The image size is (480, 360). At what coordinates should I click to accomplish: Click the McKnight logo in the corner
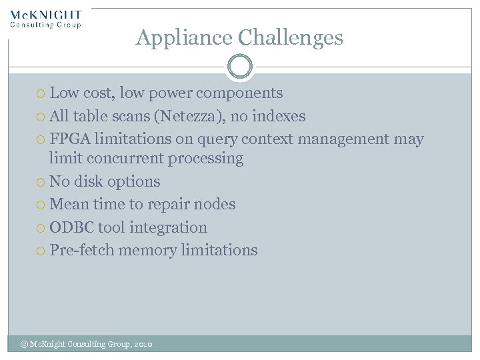[46, 19]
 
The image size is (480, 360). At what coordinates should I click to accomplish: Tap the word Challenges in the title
[290, 38]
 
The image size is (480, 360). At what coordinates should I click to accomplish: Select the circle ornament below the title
[240, 67]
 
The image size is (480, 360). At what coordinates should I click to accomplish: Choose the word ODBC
[71, 227]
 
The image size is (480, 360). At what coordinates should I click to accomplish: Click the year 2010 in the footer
[143, 344]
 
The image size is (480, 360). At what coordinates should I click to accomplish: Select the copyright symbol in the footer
[25, 344]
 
